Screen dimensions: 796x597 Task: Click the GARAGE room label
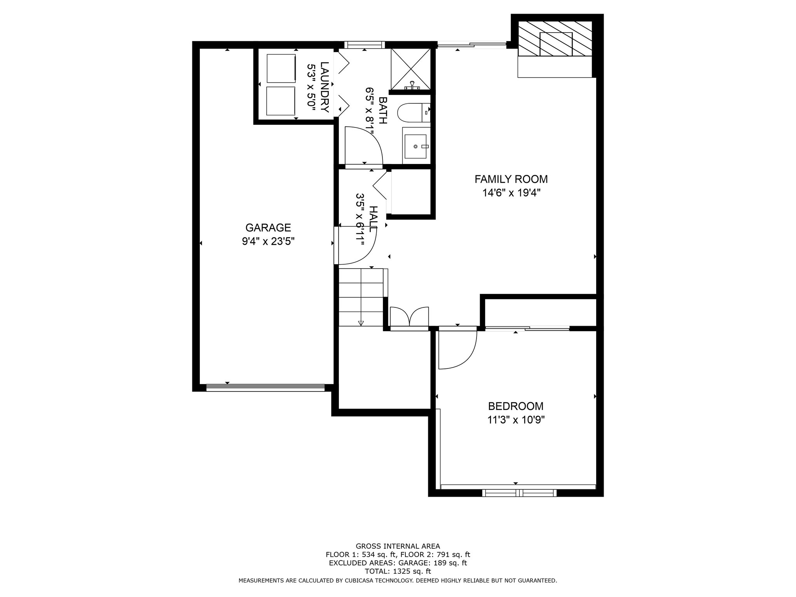tap(268, 227)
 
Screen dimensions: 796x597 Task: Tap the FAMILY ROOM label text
tap(511, 179)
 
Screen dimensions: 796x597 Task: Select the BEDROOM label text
tap(516, 406)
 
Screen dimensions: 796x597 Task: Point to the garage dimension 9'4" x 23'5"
tap(268, 241)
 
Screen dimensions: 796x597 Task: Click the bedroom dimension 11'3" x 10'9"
tap(516, 420)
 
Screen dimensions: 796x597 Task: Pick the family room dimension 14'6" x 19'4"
tap(511, 193)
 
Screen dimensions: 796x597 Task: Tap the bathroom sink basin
tap(416, 147)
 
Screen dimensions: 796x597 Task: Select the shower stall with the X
tap(410, 69)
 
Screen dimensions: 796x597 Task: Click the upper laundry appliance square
tap(281, 68)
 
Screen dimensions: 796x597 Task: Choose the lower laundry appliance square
tap(281, 101)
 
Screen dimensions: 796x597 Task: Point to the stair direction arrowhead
tap(361, 323)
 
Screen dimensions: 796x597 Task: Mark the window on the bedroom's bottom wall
tap(519, 493)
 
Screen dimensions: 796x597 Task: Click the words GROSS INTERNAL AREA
tap(398, 546)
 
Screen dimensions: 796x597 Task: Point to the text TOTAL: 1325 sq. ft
tap(398, 571)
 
